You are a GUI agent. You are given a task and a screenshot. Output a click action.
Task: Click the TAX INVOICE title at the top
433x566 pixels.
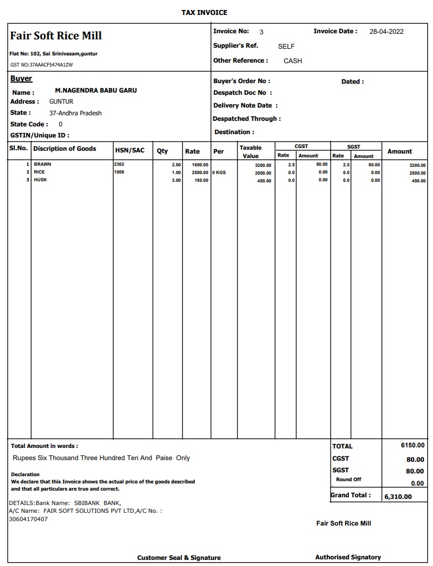204,12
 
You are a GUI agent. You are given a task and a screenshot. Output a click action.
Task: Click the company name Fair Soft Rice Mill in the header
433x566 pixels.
56,35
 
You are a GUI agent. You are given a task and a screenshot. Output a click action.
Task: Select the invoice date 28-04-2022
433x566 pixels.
386,32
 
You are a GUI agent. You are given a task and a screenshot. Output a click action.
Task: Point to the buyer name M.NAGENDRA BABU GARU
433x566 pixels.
96,90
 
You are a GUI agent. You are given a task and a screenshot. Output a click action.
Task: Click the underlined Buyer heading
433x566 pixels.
21,79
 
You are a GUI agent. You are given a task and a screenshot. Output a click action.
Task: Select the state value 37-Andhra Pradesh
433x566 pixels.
75,113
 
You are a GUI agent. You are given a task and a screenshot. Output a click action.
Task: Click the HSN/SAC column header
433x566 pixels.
130,150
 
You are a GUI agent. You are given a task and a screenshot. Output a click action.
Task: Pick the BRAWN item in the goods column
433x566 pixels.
43,165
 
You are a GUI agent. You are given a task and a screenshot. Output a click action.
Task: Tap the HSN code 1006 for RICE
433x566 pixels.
119,172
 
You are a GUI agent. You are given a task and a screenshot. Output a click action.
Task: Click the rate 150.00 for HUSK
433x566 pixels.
201,180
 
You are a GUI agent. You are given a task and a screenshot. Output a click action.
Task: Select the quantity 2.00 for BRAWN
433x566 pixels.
176,165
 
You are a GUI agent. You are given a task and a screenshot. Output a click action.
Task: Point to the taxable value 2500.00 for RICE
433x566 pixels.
263,173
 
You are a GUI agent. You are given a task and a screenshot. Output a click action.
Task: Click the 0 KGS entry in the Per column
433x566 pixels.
219,172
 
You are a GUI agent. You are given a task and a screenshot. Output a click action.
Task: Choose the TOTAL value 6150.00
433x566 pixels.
413,445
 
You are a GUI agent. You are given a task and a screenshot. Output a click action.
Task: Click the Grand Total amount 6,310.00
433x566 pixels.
398,497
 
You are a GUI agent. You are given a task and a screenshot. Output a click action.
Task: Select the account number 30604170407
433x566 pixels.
28,519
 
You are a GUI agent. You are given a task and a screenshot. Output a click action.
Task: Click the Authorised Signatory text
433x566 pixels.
348,557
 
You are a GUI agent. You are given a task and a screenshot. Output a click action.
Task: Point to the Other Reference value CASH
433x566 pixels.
293,61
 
